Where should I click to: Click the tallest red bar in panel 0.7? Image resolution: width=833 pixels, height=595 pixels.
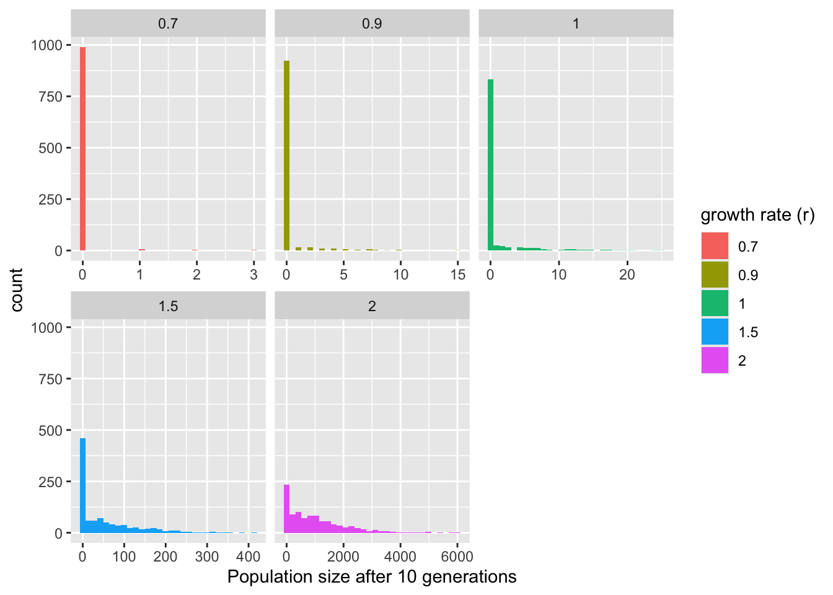[82, 149]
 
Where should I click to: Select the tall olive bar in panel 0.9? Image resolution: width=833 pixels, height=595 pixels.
[286, 156]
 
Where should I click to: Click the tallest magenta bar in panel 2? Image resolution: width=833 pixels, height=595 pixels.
[286, 508]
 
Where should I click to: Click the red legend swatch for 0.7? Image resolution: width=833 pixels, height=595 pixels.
[715, 246]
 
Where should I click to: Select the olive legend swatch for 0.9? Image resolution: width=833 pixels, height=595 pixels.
[715, 275]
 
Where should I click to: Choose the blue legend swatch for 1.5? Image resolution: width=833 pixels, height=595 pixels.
[715, 332]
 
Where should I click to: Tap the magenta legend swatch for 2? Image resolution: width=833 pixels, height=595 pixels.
[715, 360]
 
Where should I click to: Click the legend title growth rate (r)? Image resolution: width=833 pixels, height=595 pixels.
[757, 215]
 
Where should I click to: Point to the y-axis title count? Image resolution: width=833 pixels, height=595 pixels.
[17, 289]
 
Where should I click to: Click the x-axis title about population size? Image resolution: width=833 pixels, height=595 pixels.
[372, 577]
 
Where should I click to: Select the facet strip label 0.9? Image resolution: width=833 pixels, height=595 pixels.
[372, 24]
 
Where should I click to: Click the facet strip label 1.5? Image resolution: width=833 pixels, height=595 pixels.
[168, 306]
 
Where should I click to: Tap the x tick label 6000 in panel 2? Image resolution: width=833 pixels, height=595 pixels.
[457, 556]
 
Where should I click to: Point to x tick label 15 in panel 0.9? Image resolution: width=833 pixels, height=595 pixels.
[458, 274]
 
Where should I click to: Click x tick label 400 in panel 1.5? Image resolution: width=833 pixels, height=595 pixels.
[249, 556]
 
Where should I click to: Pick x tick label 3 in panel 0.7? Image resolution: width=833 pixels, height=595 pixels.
[253, 274]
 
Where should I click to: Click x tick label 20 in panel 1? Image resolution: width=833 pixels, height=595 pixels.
[627, 274]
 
